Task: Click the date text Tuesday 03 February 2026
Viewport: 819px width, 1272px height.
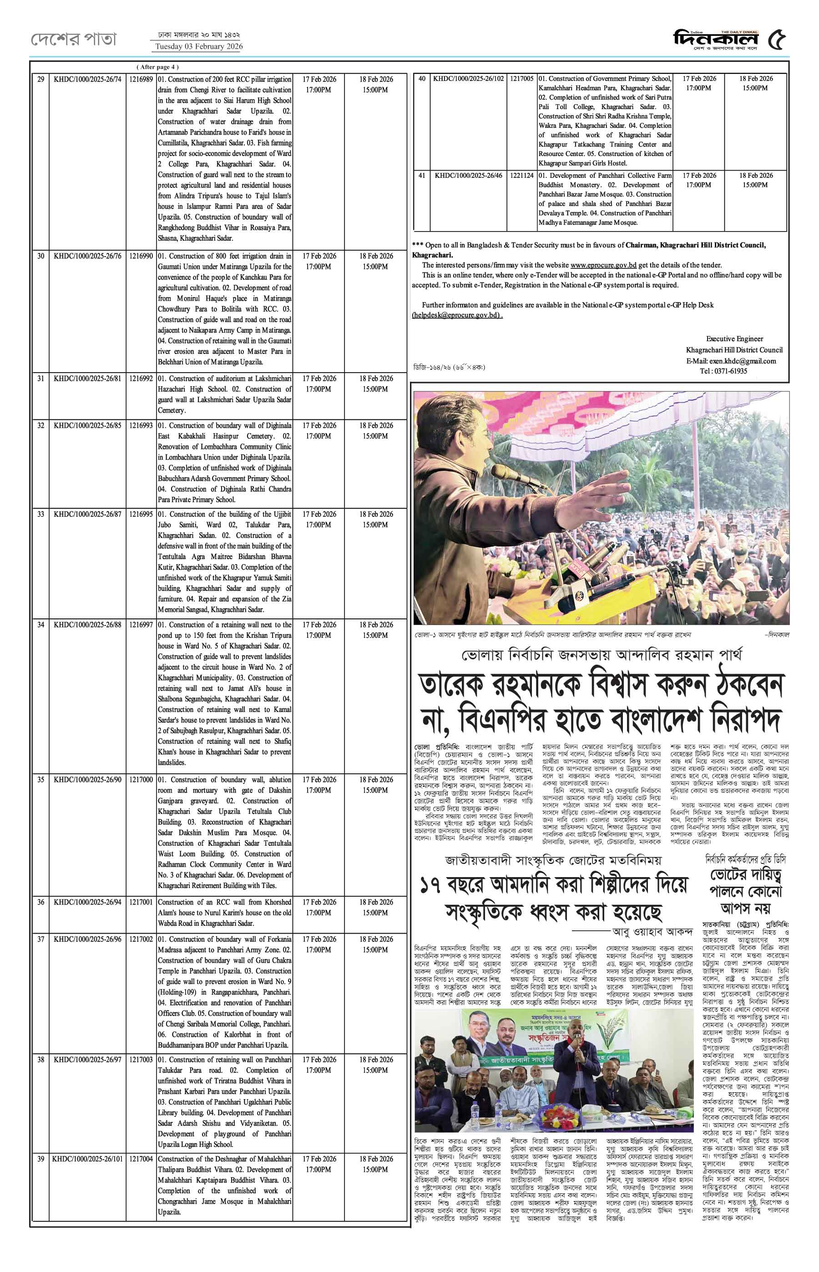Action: pos(198,47)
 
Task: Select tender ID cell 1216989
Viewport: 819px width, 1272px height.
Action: pos(141,79)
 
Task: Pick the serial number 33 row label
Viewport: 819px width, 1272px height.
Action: pos(41,514)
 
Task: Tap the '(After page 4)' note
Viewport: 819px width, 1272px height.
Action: pos(158,67)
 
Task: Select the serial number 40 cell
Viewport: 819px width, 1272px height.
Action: pos(422,79)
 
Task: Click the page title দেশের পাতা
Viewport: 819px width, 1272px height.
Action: pos(73,39)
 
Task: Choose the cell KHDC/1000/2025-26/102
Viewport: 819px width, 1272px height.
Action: pos(468,79)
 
